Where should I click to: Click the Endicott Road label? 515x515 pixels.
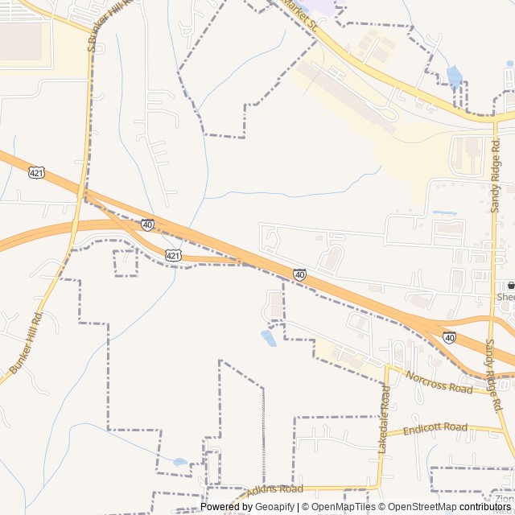435,428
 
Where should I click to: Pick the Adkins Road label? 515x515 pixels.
274,489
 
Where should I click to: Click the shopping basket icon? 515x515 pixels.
510,286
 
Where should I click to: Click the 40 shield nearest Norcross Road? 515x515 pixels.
449,337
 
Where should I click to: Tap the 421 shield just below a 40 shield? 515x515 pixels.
173,255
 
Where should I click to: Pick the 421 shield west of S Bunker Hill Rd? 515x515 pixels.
36,172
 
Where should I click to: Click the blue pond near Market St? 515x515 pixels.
455,77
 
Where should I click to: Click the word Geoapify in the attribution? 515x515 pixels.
275,507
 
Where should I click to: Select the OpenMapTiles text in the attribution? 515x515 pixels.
338,507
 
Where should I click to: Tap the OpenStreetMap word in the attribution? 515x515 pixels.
418,507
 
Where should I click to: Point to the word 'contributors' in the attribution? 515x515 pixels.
485,507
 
